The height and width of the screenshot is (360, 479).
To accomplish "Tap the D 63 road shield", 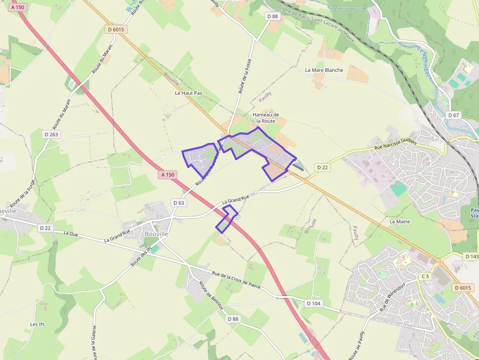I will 179,203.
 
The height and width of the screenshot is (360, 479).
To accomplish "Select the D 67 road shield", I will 454,115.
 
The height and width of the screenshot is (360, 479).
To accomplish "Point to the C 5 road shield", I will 425,276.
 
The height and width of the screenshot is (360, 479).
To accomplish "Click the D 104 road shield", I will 314,303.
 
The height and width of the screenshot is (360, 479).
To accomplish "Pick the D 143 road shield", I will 472,256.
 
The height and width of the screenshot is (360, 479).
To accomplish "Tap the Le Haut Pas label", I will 189,93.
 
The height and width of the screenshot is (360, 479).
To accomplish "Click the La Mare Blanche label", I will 324,70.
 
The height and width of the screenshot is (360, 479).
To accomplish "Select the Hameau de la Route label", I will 265,118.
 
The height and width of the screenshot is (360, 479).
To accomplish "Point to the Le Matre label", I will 399,221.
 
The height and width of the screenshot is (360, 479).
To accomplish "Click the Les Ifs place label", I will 38,324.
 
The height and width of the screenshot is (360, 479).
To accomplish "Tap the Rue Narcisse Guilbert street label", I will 395,144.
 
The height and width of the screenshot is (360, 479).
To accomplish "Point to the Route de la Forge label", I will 22,193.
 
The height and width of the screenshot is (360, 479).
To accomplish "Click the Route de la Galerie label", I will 93,342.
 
